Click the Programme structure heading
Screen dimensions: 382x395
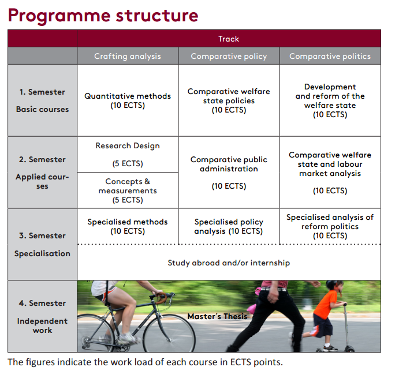click(x=103, y=15)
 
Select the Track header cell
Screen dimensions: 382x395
click(x=229, y=39)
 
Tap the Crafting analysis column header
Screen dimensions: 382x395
click(x=128, y=56)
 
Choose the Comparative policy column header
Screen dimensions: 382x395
click(x=229, y=56)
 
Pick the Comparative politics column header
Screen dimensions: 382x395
click(x=330, y=56)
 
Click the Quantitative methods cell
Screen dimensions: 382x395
click(x=128, y=100)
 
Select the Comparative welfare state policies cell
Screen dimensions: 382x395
click(x=229, y=100)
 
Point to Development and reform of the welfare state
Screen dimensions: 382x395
click(x=330, y=100)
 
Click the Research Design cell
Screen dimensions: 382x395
click(x=128, y=154)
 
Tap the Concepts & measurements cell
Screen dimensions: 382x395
click(x=128, y=190)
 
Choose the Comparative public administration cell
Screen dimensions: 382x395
click(x=229, y=173)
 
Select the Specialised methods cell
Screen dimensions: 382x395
click(x=128, y=226)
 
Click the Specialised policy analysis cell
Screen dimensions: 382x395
click(x=229, y=226)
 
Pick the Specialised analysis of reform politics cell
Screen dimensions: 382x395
click(x=330, y=226)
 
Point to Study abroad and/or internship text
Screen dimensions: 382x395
click(x=229, y=263)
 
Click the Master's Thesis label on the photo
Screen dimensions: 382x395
click(x=217, y=316)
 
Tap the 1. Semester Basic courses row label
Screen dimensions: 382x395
click(x=42, y=100)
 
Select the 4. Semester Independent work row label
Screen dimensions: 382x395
click(x=42, y=316)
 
